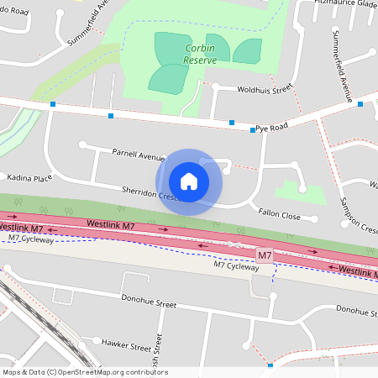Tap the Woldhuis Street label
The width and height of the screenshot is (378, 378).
[264, 87]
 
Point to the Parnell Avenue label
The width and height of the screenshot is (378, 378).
[139, 155]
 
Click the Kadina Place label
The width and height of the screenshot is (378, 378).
[29, 178]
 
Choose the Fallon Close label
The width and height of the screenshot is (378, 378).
[279, 216]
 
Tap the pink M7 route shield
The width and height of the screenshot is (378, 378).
[265, 255]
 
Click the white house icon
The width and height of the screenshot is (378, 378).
[189, 181]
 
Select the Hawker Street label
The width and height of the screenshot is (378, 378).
[126, 343]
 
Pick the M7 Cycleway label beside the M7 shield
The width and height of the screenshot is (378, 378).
[236, 265]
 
